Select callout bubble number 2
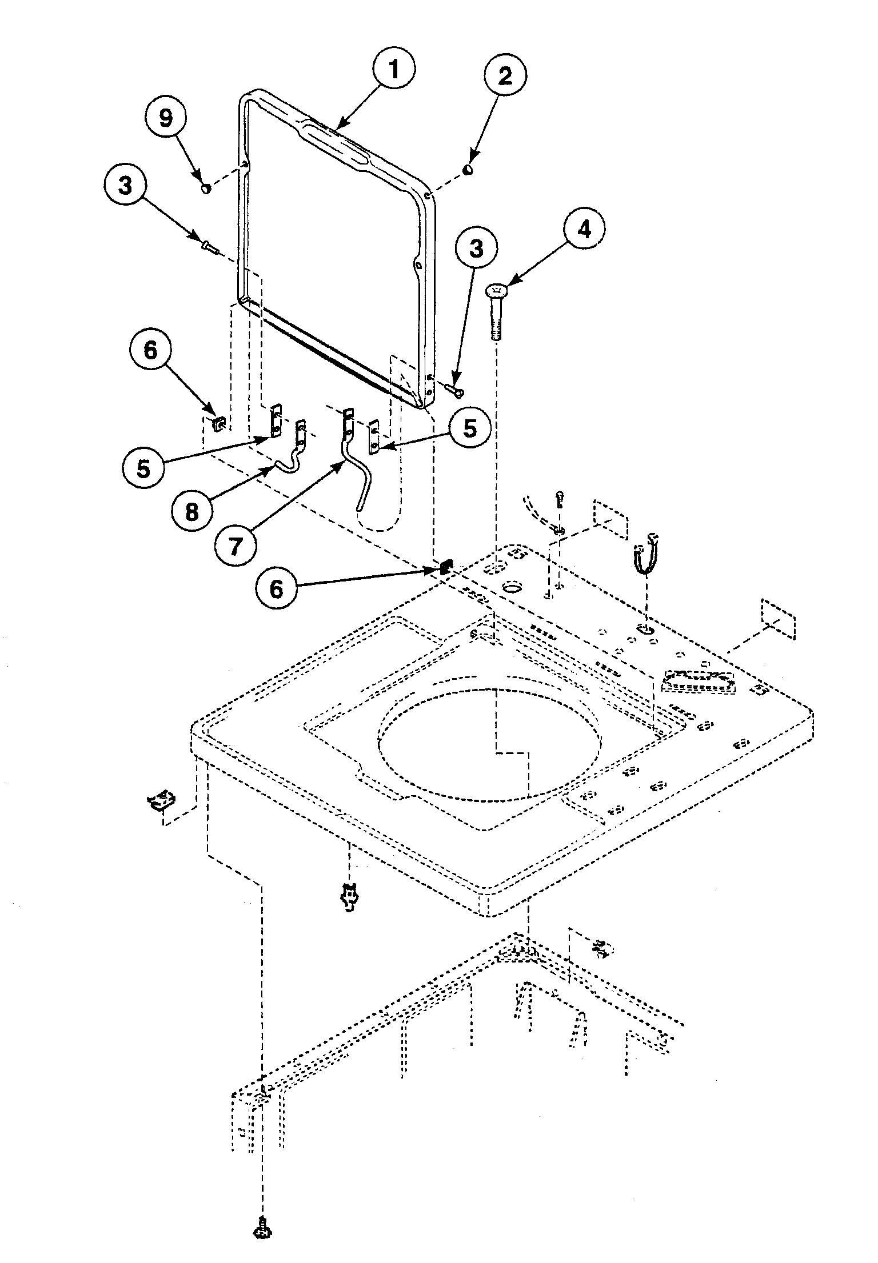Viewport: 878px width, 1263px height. click(x=505, y=77)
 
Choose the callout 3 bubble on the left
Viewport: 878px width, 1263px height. click(x=125, y=186)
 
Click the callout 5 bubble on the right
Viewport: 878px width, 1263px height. click(x=469, y=428)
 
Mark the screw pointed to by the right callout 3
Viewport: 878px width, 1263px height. click(x=455, y=391)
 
